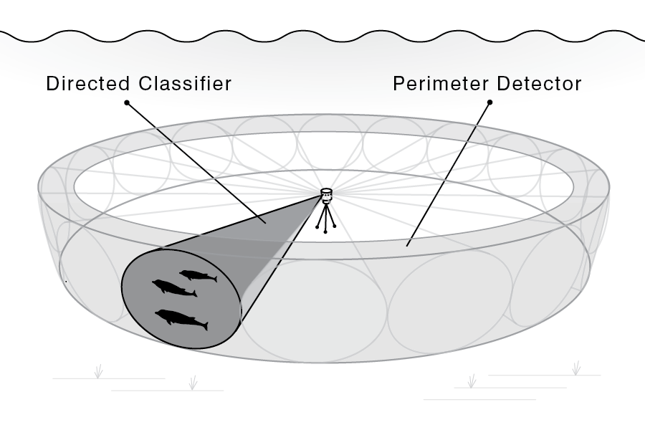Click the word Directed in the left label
tap(88, 84)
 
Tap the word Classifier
tap(185, 84)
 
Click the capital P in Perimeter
tap(398, 84)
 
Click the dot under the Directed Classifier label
tap(127, 102)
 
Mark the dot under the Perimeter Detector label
tap(490, 102)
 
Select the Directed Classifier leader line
tap(196, 163)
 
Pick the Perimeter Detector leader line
tap(449, 174)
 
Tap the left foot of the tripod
tap(317, 226)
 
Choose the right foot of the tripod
tap(335, 226)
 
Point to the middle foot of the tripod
tap(325, 232)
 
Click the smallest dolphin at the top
tap(198, 276)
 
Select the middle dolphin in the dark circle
tap(174, 287)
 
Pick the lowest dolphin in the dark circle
tap(181, 320)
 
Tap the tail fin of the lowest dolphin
tap(204, 326)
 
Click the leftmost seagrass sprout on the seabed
tap(98, 371)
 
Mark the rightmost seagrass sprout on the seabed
tap(577, 368)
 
